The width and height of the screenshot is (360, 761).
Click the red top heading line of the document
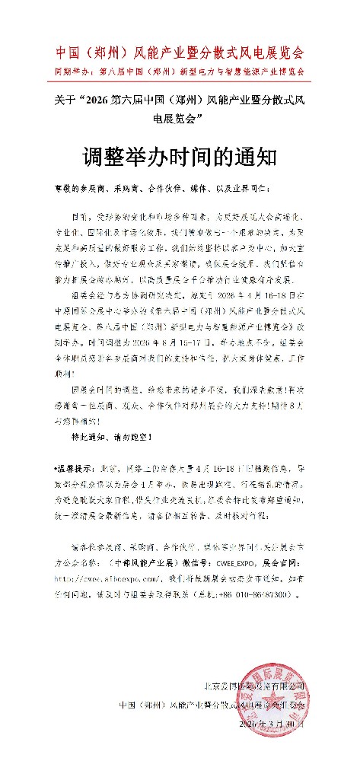[x=180, y=53]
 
